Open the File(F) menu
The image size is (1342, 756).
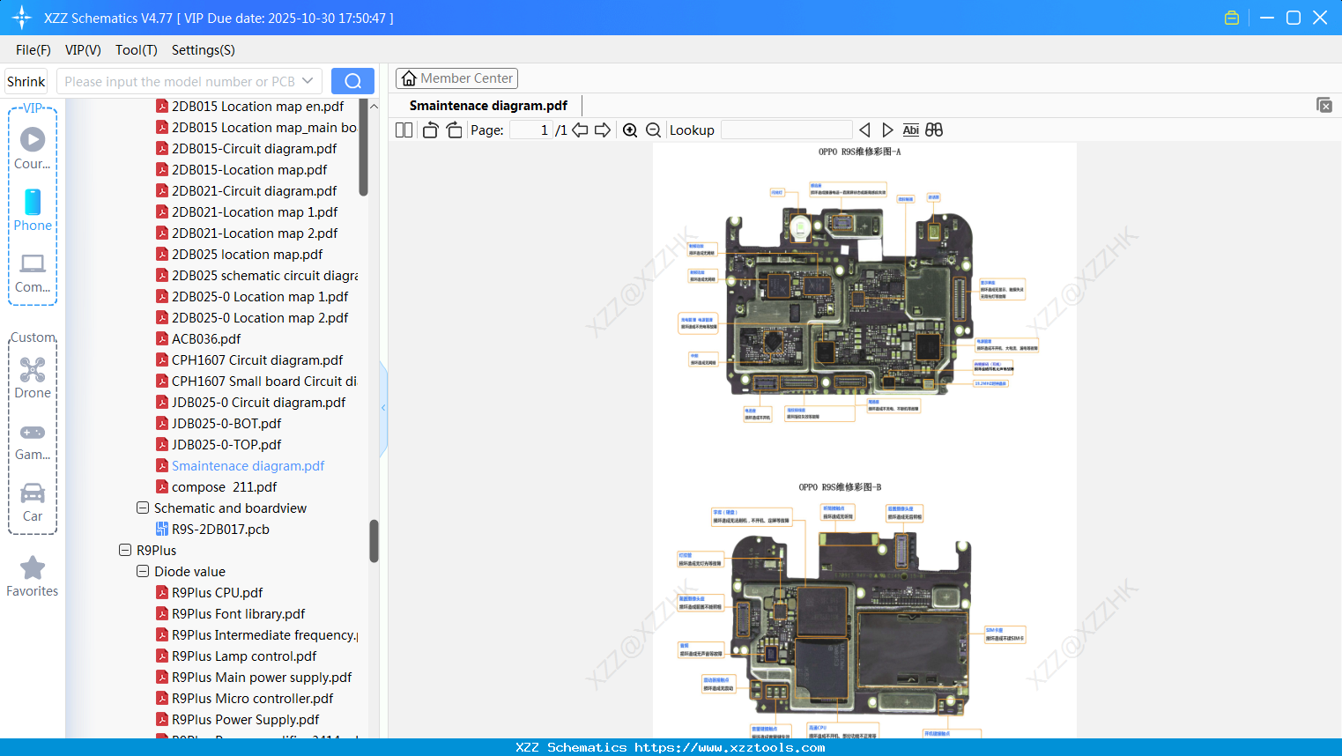33,50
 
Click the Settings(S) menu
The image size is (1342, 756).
203,50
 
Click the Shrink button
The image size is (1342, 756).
26,82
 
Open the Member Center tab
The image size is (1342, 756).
456,78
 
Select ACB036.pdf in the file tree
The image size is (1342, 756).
205,339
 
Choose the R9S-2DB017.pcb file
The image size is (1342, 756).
219,530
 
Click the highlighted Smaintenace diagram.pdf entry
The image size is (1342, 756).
248,466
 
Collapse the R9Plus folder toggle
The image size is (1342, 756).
125,551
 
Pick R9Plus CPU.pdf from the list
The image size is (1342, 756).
217,593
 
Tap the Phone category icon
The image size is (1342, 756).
33,203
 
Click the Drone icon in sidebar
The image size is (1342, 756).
33,370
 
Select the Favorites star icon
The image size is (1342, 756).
33,568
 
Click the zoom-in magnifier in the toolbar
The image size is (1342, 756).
630,130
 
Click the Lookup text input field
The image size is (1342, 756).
786,130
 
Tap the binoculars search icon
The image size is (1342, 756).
934,130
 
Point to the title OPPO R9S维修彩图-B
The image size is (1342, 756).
840,487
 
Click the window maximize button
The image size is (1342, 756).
1293,18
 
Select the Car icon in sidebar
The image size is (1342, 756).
33,493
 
